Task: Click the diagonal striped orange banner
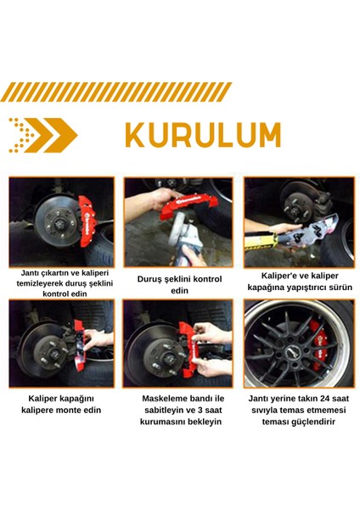click(116, 91)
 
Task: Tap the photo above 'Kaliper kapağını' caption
click(60, 350)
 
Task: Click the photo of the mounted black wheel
click(297, 350)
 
